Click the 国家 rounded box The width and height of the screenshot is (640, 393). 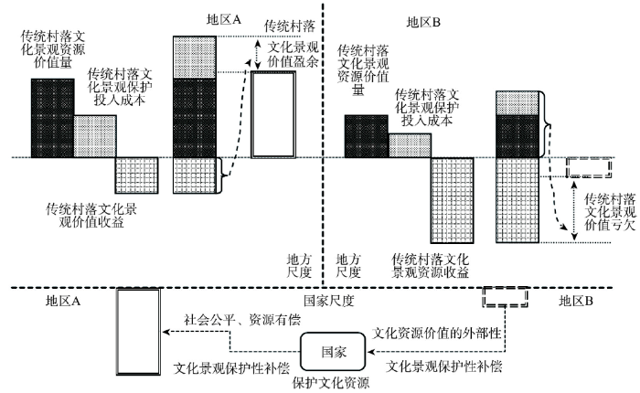(x=333, y=351)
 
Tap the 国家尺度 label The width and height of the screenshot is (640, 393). (x=329, y=301)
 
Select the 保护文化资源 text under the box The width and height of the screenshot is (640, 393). (x=331, y=383)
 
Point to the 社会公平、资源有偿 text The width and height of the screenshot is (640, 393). (x=242, y=319)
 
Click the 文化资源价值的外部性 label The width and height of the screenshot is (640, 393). (x=436, y=333)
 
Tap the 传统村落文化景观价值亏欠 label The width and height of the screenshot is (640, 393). (x=611, y=212)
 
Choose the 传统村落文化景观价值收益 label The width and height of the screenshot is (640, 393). (x=91, y=216)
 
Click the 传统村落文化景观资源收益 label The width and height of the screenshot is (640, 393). (x=431, y=266)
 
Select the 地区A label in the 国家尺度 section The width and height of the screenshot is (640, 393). (x=63, y=302)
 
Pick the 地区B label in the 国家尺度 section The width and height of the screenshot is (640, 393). (x=575, y=302)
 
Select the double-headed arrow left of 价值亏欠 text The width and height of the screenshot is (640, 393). (x=574, y=210)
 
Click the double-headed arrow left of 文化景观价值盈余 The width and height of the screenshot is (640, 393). (x=257, y=55)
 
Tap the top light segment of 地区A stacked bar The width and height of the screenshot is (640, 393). (x=195, y=58)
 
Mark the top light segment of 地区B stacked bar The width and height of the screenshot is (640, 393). (x=517, y=103)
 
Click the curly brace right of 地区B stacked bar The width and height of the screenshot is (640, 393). (x=545, y=124)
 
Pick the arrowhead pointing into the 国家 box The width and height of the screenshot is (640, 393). (x=370, y=351)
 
